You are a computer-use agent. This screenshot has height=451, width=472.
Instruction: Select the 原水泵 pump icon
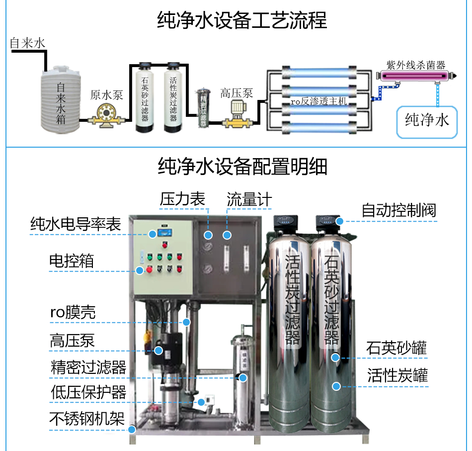pos(105,119)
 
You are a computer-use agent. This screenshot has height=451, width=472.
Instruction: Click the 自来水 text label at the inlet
pos(28,43)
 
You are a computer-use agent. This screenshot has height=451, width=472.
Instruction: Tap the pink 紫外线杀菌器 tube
pos(415,76)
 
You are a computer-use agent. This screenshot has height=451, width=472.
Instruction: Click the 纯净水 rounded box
pos(427,120)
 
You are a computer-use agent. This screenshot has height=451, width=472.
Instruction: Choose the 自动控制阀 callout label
pos(398,210)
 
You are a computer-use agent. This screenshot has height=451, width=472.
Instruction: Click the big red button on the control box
pos(140,270)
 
